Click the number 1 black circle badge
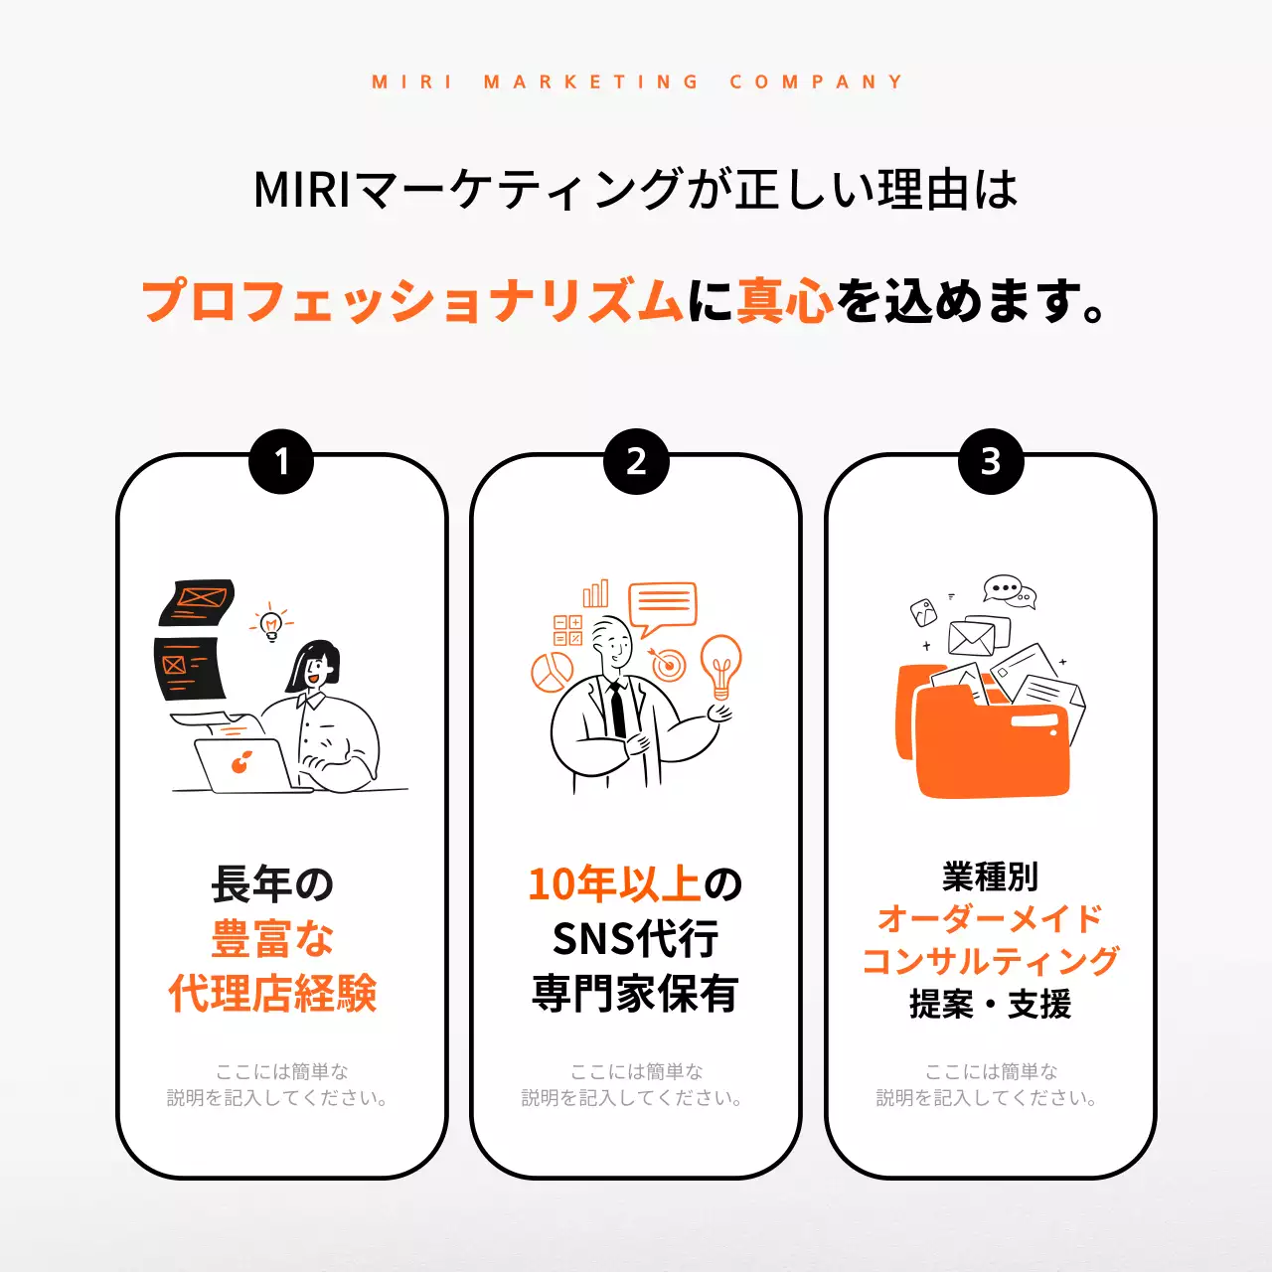point(281,461)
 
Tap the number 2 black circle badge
point(636,461)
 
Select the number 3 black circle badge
point(991,461)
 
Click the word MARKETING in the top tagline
point(592,81)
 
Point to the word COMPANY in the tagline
point(816,81)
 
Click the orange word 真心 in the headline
point(784,300)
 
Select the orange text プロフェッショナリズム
point(412,300)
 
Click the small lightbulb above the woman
point(271,623)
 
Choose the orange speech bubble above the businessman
point(663,606)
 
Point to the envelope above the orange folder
point(971,637)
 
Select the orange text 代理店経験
point(272,993)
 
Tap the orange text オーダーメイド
point(990,918)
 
